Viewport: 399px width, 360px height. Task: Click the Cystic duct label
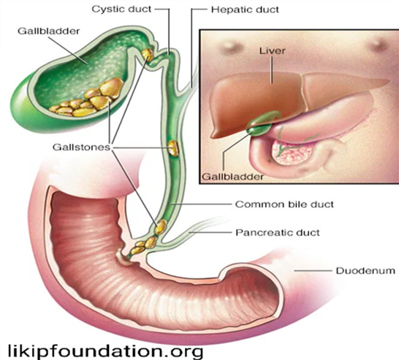point(121,9)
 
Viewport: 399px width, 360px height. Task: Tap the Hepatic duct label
point(245,9)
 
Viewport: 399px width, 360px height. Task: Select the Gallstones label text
point(81,148)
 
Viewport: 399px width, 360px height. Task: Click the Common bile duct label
point(284,204)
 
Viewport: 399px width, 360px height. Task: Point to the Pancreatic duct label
point(278,232)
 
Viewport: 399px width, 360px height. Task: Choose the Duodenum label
point(365,270)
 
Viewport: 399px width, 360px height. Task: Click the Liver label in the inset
point(273,50)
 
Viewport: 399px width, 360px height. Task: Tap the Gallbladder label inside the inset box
point(232,177)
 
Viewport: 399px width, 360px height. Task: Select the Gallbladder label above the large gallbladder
point(49,31)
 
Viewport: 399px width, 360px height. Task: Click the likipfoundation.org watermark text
point(106,351)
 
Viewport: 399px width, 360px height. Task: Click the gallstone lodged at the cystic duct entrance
point(148,55)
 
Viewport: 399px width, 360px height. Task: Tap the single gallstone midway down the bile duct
point(173,148)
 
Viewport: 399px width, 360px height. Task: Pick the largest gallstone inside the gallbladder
point(112,87)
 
